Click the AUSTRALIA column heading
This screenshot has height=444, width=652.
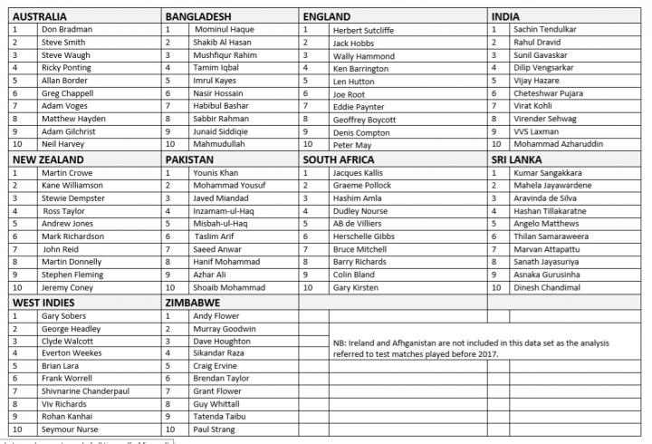(42, 16)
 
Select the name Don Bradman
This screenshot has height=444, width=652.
(66, 29)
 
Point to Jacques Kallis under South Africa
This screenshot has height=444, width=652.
(359, 172)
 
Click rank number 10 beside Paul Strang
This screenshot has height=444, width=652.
(169, 429)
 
